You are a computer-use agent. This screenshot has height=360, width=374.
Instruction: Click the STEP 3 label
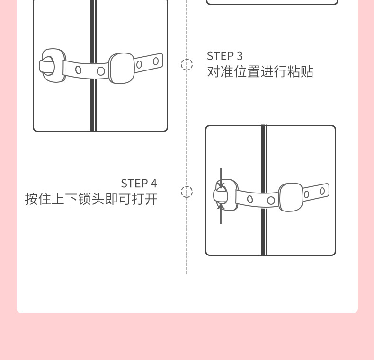click(224, 56)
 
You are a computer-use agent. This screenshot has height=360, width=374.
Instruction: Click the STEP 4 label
click(138, 183)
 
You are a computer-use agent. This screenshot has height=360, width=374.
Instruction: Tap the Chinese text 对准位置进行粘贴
click(260, 72)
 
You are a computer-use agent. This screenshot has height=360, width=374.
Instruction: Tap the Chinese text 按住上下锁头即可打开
click(91, 199)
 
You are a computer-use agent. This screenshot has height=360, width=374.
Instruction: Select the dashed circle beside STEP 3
click(187, 64)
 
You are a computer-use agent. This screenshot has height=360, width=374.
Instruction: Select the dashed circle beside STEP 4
click(187, 192)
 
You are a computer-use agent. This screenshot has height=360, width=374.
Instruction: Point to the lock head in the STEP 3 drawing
click(48, 65)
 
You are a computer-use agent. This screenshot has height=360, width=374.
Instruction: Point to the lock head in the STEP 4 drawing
click(221, 195)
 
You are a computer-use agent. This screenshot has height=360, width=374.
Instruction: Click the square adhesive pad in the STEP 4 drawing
click(291, 197)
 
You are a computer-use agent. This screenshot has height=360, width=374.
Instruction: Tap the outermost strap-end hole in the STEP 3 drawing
click(156, 61)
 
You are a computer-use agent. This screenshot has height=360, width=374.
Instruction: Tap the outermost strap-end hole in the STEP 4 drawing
click(322, 191)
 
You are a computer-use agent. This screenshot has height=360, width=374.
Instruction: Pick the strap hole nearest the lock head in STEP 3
click(78, 70)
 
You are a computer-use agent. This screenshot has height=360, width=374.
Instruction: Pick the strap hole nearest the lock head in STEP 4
click(250, 199)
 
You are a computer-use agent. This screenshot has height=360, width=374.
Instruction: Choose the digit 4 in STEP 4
click(153, 183)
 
